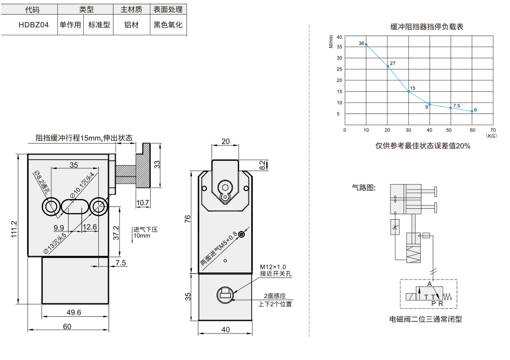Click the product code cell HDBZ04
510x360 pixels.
[33, 25]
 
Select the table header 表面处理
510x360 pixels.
[168, 9]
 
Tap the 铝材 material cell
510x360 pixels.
[131, 25]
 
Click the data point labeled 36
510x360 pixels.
[366, 44]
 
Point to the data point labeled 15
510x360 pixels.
[408, 91]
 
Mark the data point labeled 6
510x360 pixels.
[472, 111]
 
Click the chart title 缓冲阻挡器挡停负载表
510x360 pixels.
[427, 26]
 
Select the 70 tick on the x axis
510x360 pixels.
[493, 130]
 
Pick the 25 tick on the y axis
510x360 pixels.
[340, 69]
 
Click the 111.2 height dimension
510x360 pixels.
[14, 229]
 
